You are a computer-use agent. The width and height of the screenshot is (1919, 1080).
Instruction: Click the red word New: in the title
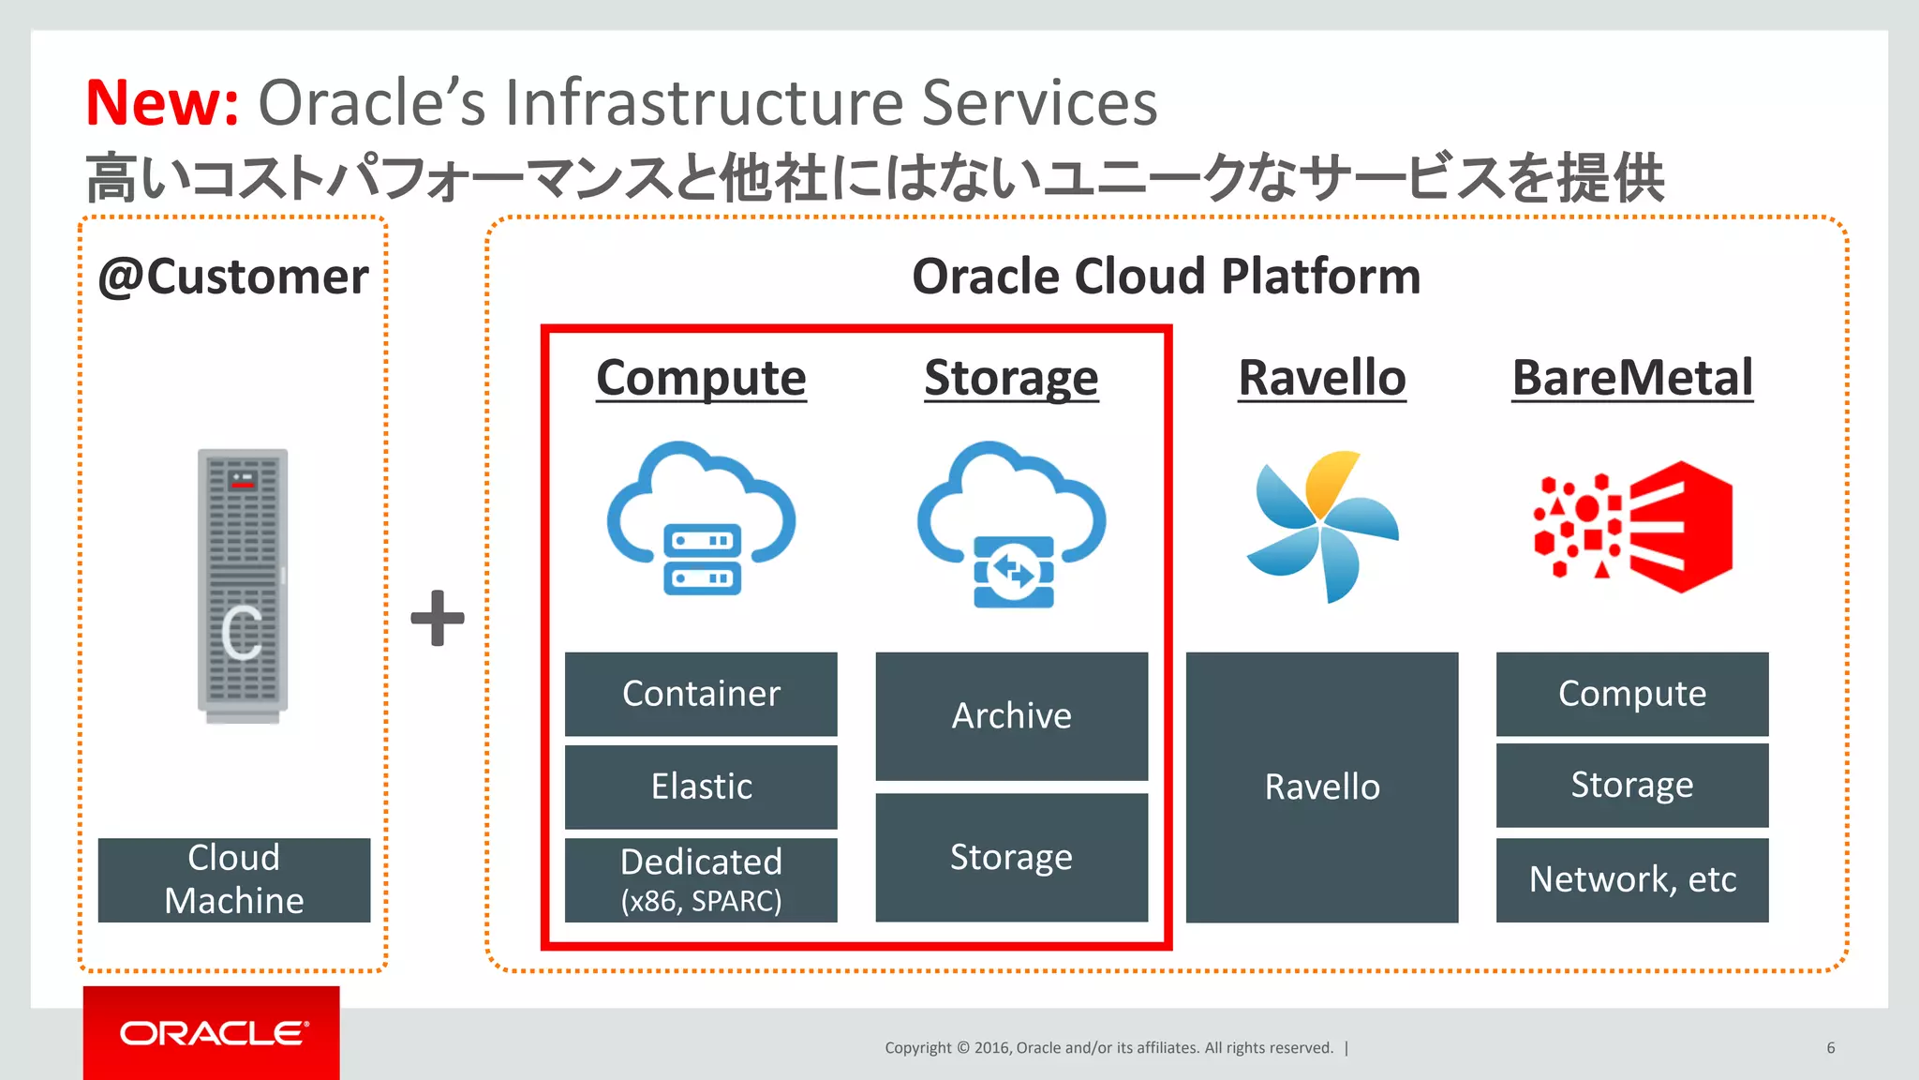coord(162,103)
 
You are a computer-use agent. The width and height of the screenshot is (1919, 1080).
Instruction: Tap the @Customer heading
coord(233,277)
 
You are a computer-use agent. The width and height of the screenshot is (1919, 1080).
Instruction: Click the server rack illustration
coord(243,585)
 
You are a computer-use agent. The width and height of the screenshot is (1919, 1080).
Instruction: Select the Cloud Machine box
coord(234,879)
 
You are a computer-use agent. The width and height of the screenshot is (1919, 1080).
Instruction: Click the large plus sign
coord(438,618)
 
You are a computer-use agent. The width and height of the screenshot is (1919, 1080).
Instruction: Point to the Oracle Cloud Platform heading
coord(1166,277)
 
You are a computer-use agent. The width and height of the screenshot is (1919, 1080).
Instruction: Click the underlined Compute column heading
coord(701,378)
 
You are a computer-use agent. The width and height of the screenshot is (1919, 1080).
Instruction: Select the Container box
coord(701,694)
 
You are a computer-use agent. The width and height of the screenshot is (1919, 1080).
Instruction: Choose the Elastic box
coord(701,787)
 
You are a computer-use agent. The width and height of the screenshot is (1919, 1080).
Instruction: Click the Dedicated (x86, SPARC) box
coord(701,879)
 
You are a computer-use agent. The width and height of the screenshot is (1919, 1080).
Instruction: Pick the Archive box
coord(1011,716)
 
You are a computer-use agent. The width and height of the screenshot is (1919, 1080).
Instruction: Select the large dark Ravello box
coord(1322,787)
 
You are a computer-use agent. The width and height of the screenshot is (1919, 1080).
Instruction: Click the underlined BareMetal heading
coord(1632,378)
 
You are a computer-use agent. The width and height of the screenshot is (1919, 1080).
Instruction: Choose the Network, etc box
coord(1632,879)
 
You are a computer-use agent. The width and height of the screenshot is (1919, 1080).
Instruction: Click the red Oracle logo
coord(212,1033)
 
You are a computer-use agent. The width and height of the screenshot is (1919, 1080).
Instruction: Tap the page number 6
coord(1830,1048)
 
